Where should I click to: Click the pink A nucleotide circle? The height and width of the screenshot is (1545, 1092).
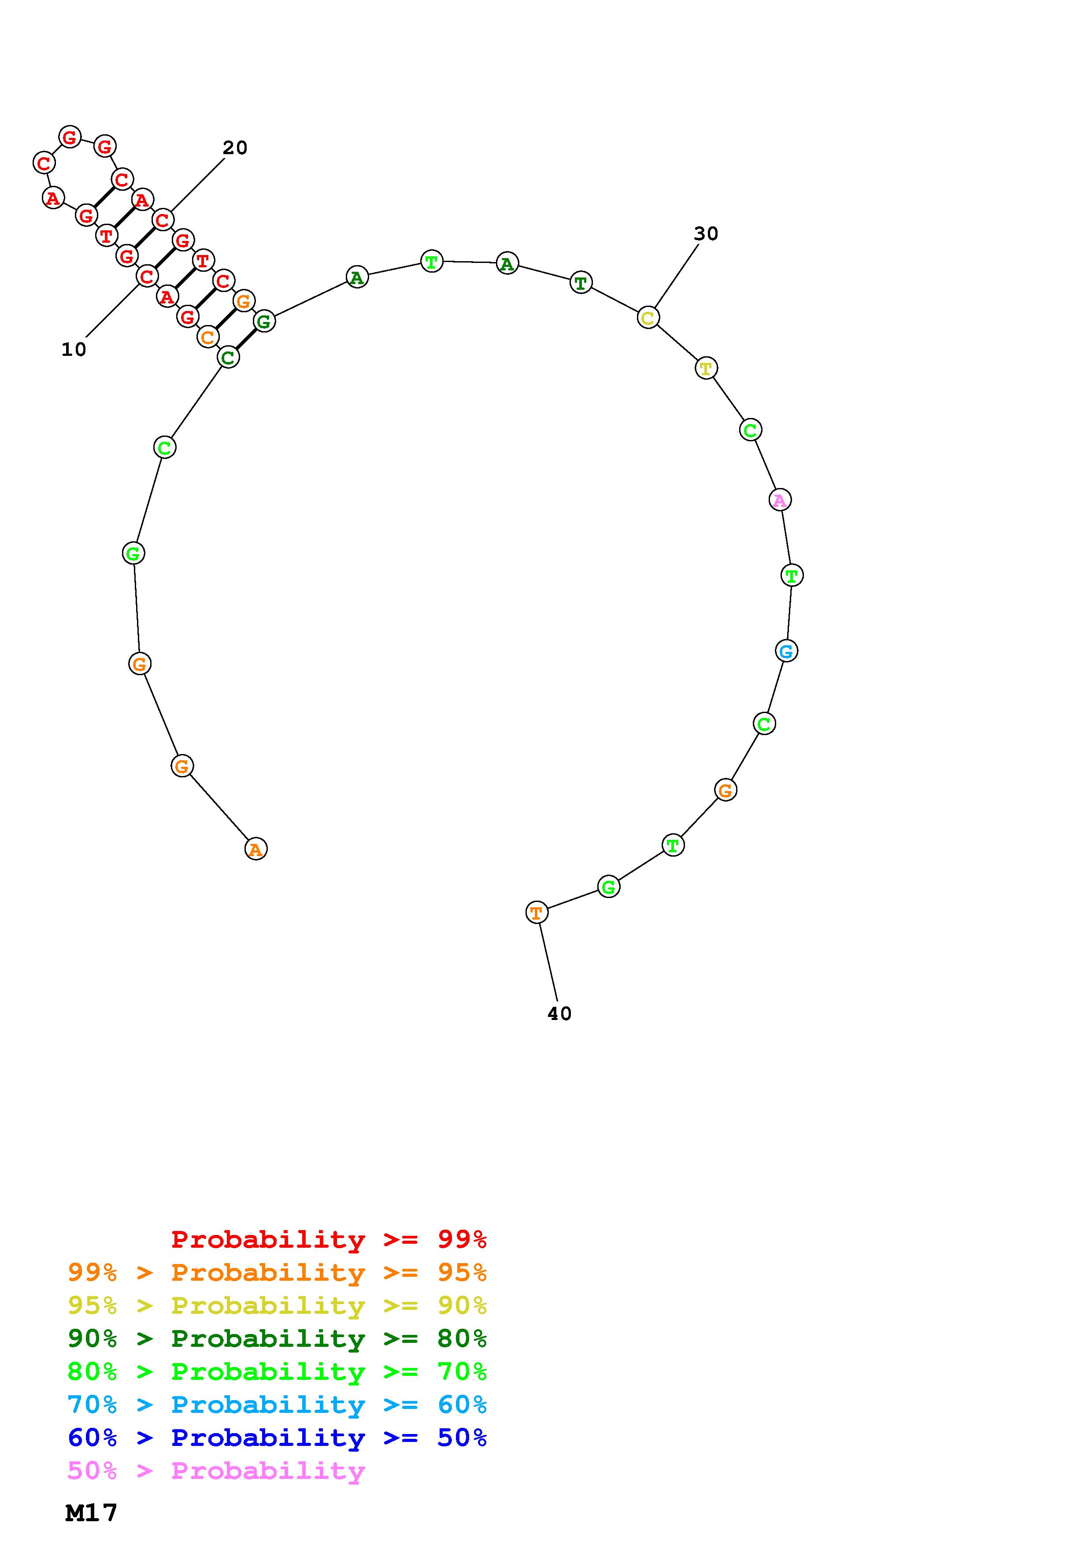coord(780,500)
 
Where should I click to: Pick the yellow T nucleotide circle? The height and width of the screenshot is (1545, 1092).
coord(706,368)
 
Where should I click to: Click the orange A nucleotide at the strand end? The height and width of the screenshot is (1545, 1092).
coord(255,849)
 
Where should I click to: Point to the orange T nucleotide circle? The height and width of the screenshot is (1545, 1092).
coord(536,913)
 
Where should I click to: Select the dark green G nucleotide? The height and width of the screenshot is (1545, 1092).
coord(264,322)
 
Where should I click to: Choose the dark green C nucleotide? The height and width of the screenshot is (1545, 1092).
coord(228,357)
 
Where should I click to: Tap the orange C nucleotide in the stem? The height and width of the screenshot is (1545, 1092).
coord(208,337)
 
